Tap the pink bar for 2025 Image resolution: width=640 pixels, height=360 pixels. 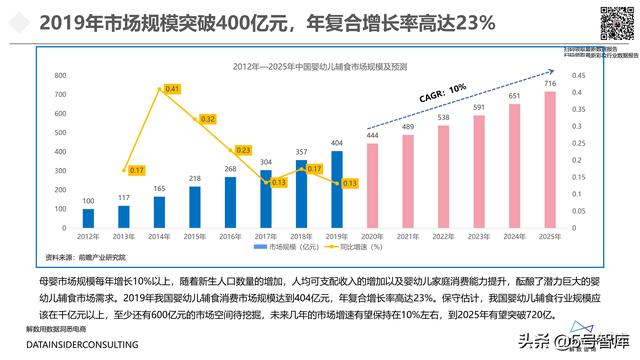coord(549,166)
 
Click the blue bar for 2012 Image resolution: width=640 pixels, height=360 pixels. coord(89,217)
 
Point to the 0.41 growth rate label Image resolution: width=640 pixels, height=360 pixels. coord(171,90)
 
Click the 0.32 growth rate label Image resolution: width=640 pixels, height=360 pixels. coord(208,119)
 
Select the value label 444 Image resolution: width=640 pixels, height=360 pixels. coord(372,136)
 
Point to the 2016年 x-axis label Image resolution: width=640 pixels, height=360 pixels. coord(230,236)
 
